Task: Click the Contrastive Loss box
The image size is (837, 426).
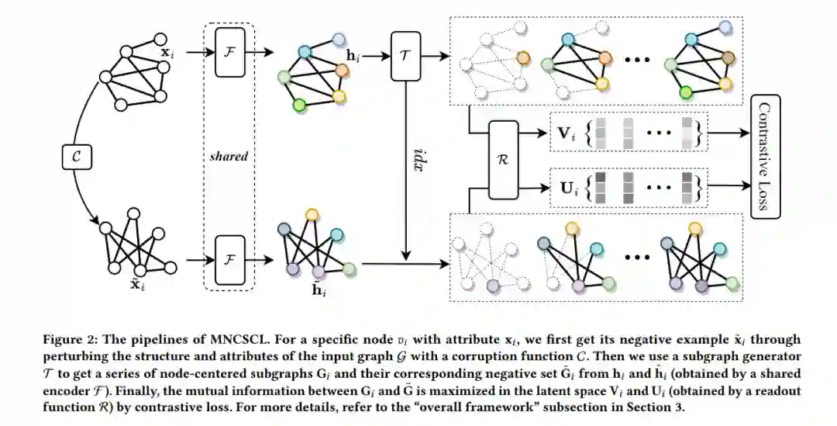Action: point(766,157)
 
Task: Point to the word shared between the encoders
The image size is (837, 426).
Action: point(229,156)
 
